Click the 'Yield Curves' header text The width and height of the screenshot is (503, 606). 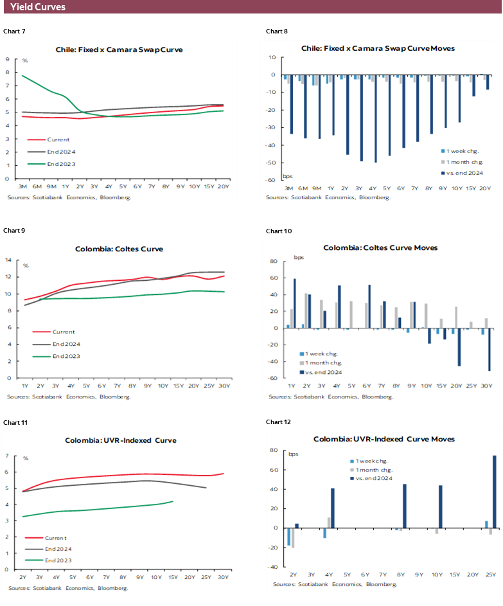[38, 7]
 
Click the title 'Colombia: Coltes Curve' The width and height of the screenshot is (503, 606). [119, 249]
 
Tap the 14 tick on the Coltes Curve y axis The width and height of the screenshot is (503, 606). [8, 260]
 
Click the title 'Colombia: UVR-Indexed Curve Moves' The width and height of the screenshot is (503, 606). [384, 439]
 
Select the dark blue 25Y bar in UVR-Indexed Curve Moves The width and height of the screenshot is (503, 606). [494, 492]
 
